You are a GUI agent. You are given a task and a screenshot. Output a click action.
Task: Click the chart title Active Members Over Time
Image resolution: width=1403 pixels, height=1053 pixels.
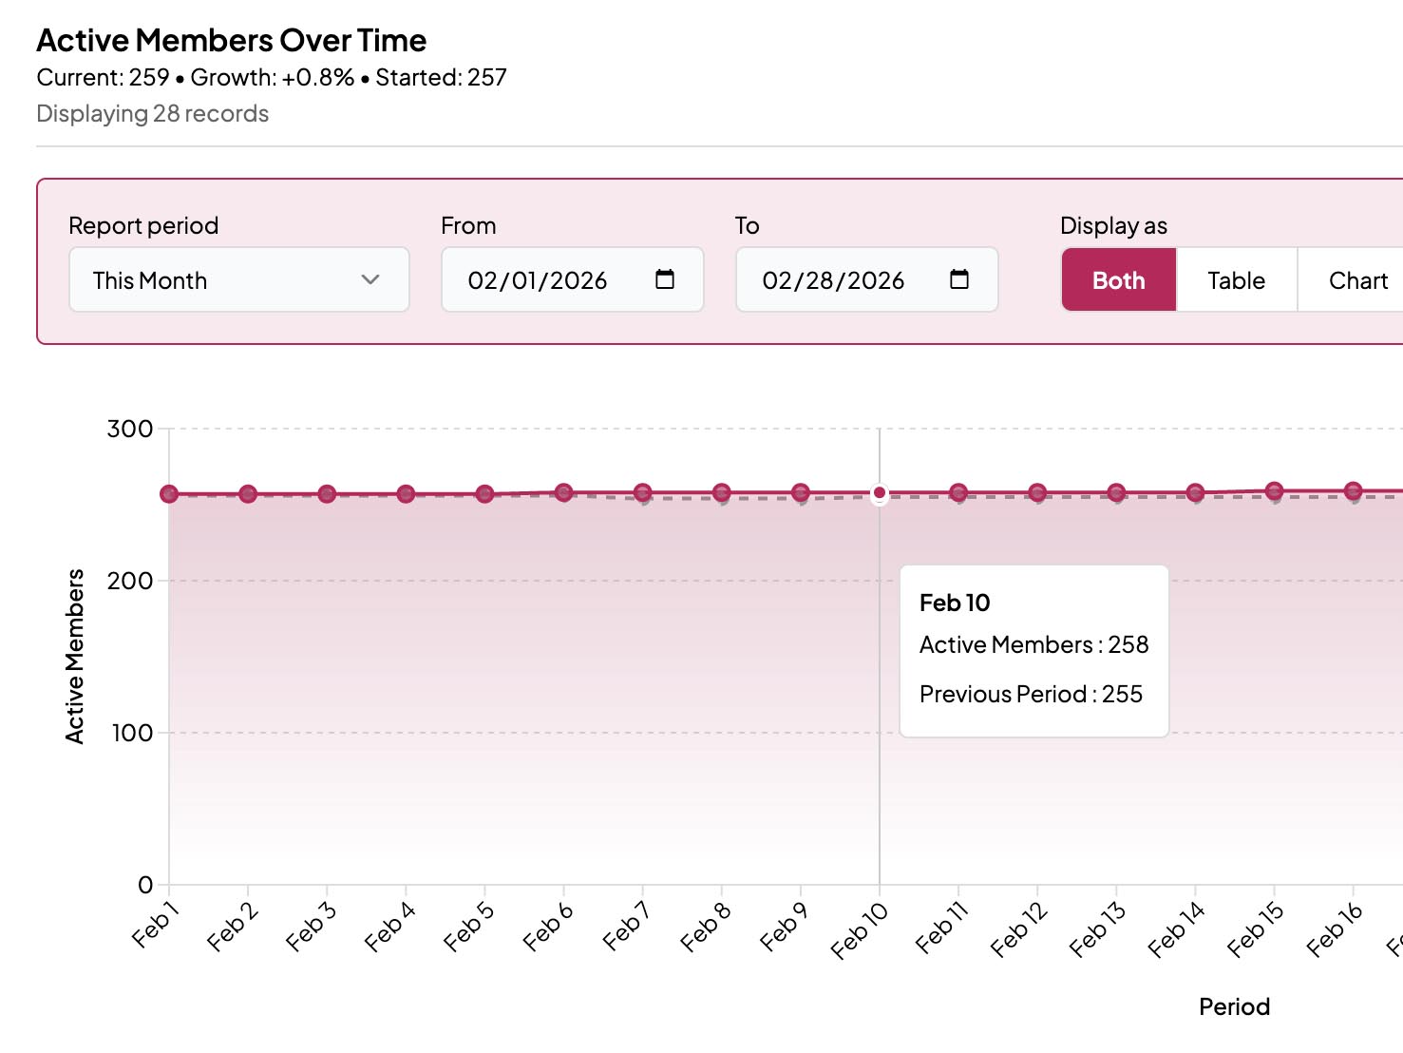coord(231,41)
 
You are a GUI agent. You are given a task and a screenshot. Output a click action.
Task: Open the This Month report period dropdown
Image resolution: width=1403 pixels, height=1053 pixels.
coord(238,280)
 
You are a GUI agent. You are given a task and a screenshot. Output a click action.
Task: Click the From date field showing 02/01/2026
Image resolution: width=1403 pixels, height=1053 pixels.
coord(538,280)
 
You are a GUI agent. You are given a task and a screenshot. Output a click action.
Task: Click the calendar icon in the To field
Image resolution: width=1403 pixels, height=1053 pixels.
coord(958,279)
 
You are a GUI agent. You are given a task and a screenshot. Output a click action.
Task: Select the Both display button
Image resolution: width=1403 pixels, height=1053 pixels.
coord(1118,280)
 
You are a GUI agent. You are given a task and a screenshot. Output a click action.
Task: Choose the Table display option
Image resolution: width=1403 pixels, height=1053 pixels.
coord(1236,280)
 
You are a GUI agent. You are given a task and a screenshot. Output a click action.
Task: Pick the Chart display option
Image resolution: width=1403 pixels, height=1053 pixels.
coord(1357,280)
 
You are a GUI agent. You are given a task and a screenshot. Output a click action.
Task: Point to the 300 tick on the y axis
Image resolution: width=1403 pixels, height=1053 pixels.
coord(130,429)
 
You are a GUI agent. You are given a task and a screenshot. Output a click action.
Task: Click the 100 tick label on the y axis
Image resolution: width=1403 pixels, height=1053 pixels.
coord(132,733)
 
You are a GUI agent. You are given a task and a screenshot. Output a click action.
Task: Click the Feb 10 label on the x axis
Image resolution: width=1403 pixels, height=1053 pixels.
coord(859,930)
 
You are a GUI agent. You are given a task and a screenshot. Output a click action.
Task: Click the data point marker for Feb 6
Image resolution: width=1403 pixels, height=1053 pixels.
coord(563,492)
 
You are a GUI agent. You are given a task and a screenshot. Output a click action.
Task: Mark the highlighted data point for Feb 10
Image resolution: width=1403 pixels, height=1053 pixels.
coord(880,493)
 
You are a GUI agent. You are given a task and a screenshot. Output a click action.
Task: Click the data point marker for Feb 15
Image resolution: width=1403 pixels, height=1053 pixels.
coord(1274,491)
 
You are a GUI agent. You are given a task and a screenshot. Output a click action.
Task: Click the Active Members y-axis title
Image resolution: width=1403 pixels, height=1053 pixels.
coord(75,656)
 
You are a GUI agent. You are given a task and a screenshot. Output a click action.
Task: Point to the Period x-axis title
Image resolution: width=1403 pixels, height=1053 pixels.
coord(1233,1006)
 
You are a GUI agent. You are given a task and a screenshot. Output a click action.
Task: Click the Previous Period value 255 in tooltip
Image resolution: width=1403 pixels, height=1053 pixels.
coord(1122,694)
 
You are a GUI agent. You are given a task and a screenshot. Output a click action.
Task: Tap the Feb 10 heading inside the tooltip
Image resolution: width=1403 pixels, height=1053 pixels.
coord(954,603)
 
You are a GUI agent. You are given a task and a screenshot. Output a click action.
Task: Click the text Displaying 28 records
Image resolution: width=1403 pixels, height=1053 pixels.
coord(152,114)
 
